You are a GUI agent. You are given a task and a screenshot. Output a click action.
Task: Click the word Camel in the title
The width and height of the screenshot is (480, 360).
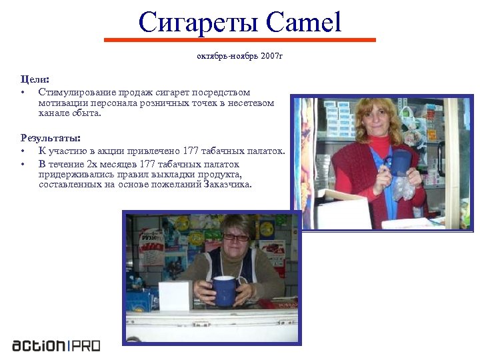[303, 23]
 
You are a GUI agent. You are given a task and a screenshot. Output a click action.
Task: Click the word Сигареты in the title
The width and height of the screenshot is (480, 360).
[198, 23]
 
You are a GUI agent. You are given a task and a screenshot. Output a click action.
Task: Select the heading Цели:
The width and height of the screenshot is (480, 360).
[35, 79]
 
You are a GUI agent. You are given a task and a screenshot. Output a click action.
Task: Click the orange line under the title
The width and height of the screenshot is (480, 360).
[240, 40]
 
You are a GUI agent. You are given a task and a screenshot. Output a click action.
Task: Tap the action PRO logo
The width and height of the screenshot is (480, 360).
[56, 345]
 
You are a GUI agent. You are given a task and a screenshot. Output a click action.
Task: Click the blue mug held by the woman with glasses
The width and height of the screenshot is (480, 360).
[224, 290]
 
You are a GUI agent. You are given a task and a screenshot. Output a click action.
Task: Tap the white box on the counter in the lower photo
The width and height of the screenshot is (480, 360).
[175, 295]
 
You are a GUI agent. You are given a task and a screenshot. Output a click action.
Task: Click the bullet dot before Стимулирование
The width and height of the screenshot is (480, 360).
[23, 92]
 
